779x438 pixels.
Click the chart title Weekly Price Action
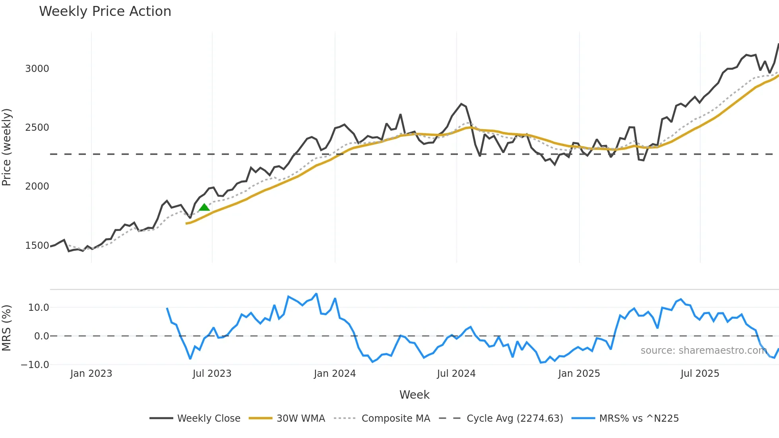pos(105,11)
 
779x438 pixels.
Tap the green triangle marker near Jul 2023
pos(204,207)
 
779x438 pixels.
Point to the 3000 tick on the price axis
pos(37,68)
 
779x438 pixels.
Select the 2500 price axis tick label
pos(37,128)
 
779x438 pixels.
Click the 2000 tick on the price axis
pos(37,186)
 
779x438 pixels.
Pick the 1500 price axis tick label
pos(37,246)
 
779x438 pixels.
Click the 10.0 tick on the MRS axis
pos(39,307)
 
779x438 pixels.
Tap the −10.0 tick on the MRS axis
pos(35,364)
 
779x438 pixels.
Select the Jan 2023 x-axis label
pos(91,374)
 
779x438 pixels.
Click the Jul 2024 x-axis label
pos(456,374)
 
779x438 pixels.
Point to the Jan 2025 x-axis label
pos(579,374)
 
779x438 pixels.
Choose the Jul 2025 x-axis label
pos(700,374)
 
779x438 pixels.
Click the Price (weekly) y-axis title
pos(7,147)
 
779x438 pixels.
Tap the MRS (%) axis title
pos(7,328)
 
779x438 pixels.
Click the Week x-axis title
pos(414,395)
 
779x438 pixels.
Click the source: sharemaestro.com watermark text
pos(703,351)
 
